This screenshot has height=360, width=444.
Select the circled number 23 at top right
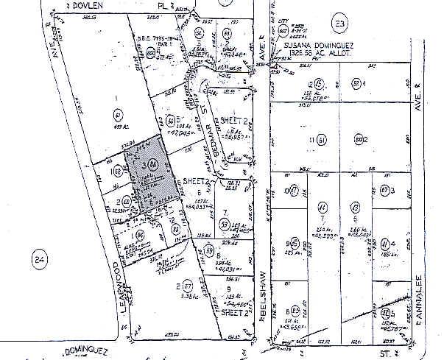[339, 25]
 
